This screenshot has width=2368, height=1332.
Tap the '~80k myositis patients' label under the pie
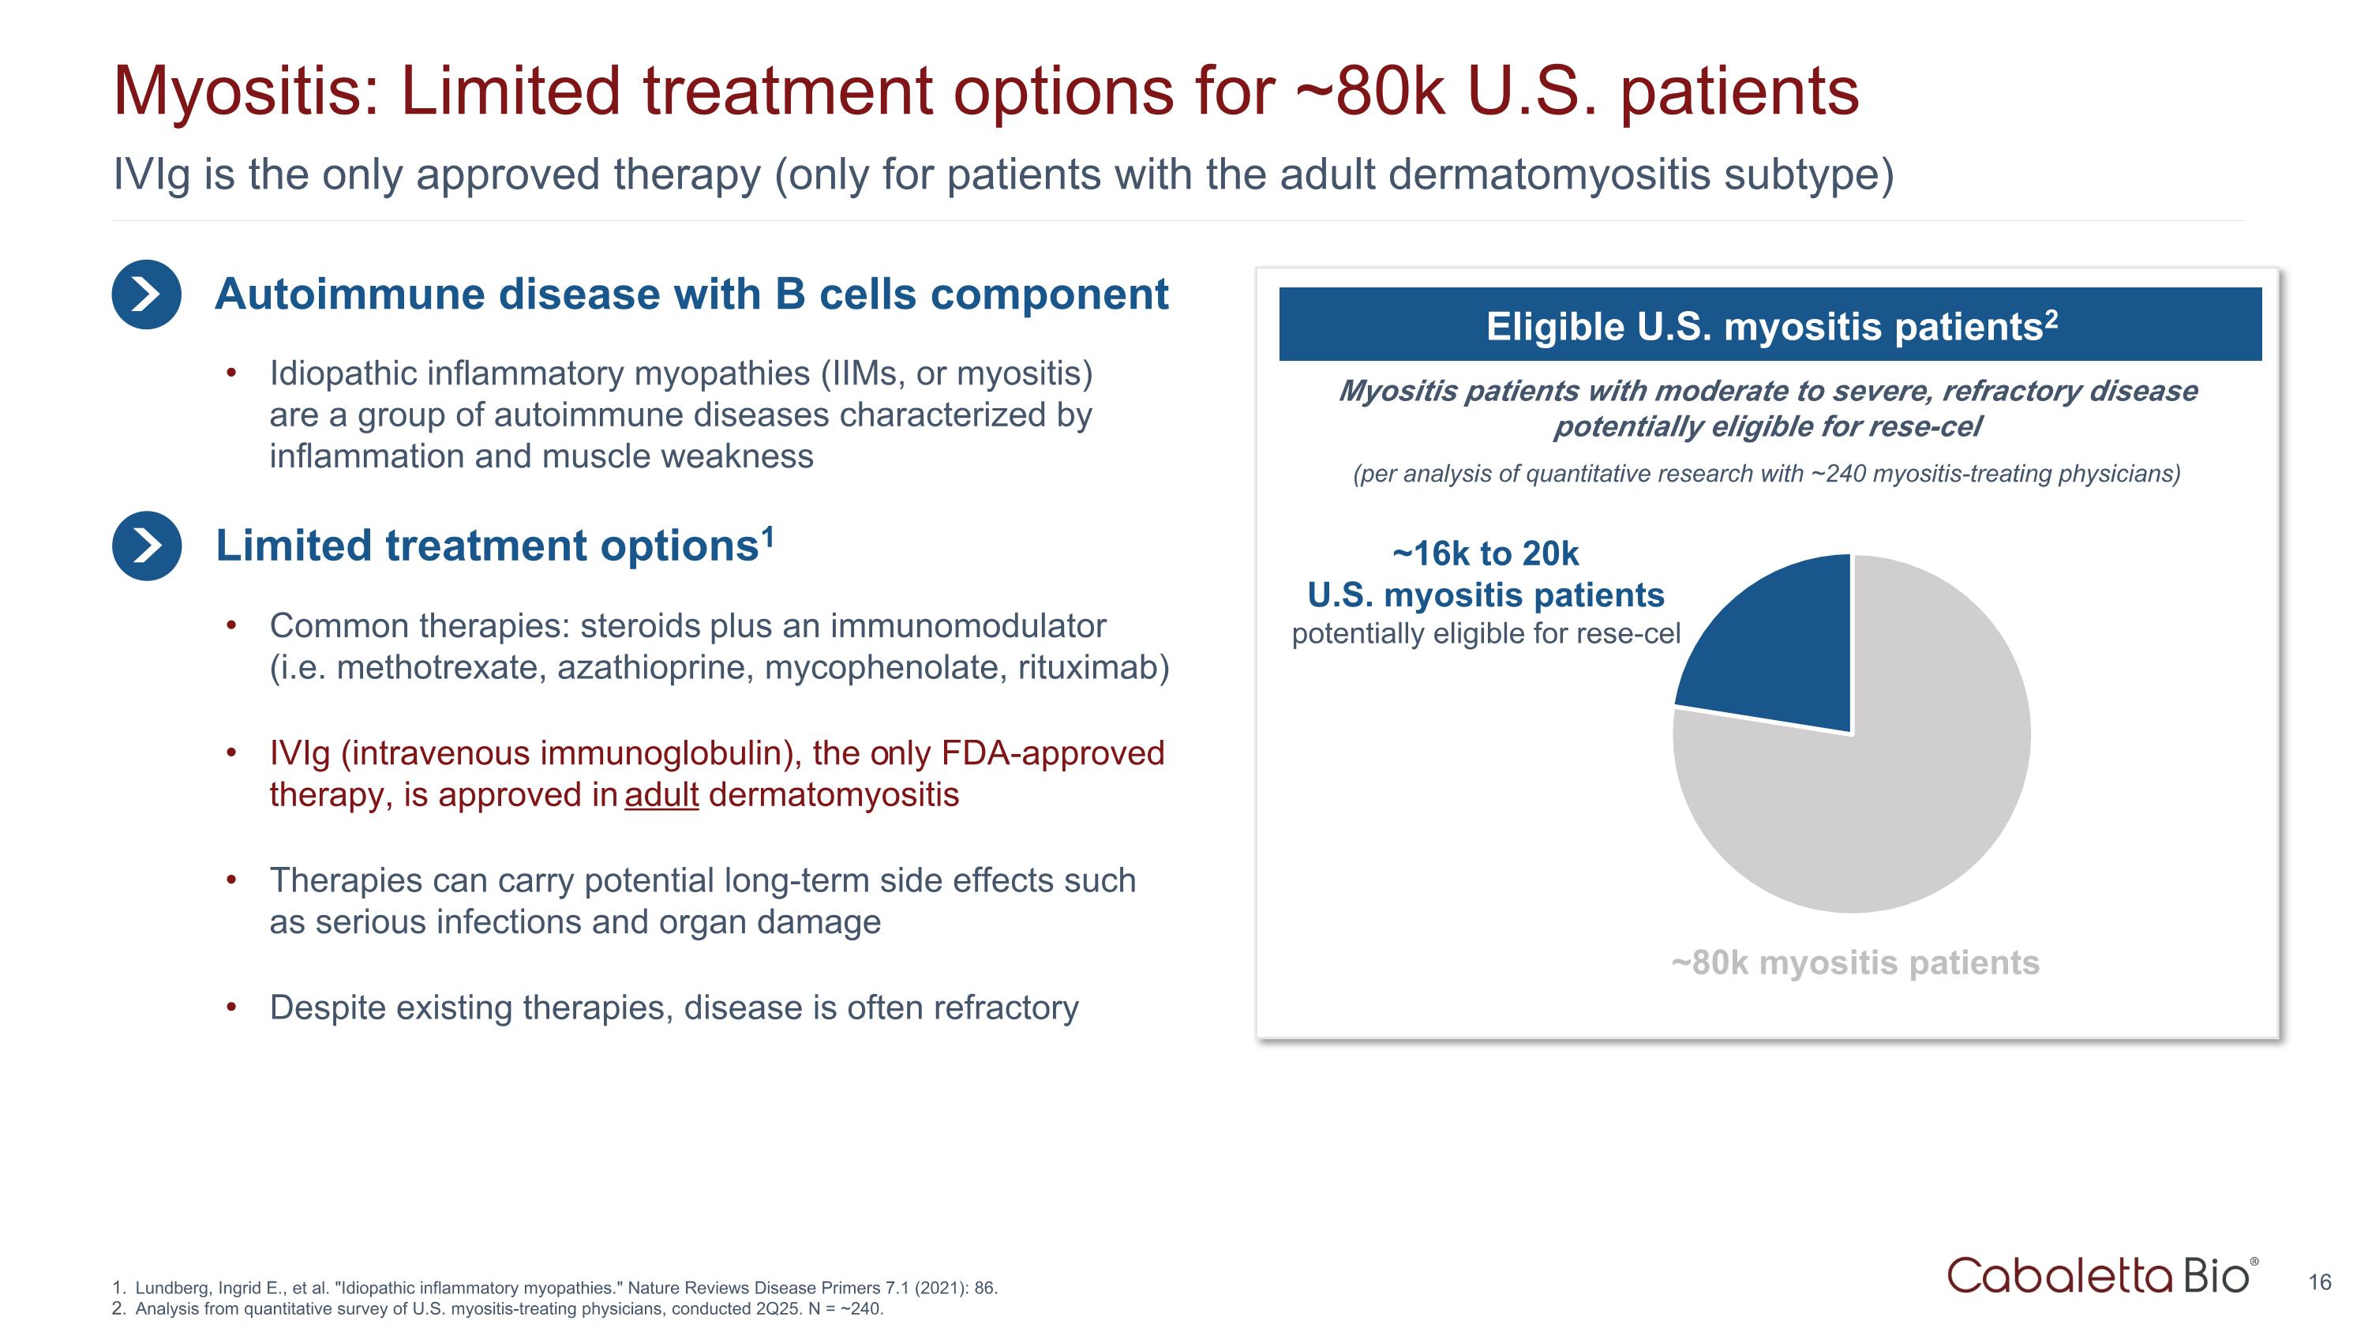pyautogui.click(x=1855, y=962)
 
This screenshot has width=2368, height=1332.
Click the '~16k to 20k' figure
pyautogui.click(x=1486, y=553)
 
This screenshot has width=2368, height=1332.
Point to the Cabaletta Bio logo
pyautogui.click(x=2101, y=1276)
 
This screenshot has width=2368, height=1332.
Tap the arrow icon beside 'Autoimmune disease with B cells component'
pyautogui.click(x=146, y=295)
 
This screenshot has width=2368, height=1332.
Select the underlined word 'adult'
pyautogui.click(x=661, y=795)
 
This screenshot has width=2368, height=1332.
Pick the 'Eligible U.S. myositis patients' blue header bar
pyautogui.click(x=1770, y=325)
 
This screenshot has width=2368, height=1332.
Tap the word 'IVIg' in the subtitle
pyautogui.click(x=152, y=174)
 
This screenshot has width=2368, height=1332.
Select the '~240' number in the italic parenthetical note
pyautogui.click(x=1838, y=474)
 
